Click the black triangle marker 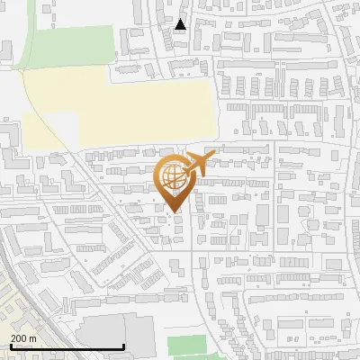(181, 24)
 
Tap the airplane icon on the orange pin (197, 164)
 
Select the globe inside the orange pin (174, 176)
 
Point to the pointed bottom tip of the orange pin (175, 211)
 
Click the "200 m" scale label (22, 338)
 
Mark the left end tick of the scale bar (10, 346)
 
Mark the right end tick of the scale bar (123, 346)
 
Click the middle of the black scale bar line (67, 347)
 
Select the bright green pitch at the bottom (187, 346)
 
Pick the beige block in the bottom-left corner (22, 310)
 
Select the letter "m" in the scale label (32, 338)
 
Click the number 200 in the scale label (18, 338)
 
